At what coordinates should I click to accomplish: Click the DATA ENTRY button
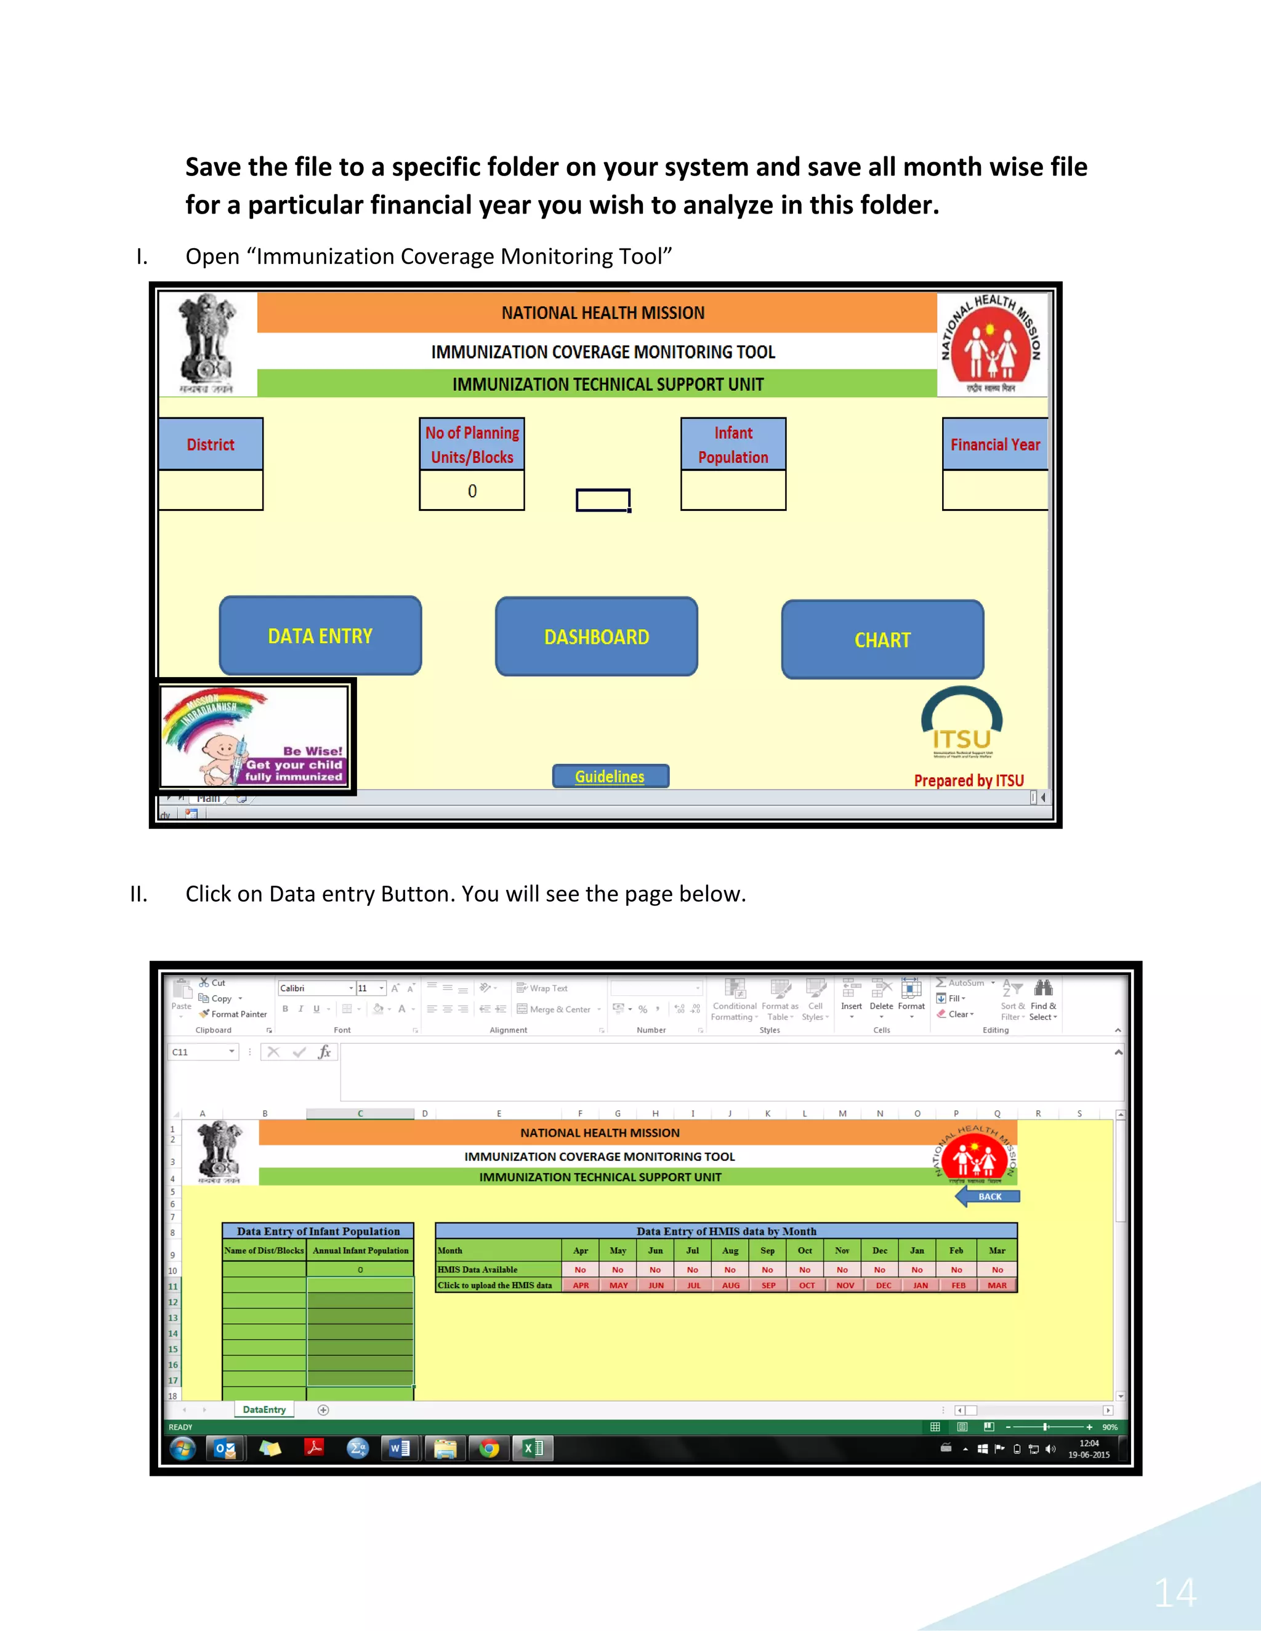(x=320, y=636)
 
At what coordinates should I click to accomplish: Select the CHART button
(x=882, y=639)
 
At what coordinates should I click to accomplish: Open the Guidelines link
(x=610, y=777)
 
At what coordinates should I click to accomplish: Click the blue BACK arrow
(x=988, y=1196)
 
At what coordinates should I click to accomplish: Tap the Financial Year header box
(x=995, y=444)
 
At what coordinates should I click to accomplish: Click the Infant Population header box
(x=733, y=444)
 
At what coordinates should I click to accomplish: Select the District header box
(x=211, y=444)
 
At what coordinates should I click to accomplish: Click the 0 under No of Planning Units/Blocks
(x=472, y=491)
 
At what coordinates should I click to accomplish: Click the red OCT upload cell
(x=807, y=1285)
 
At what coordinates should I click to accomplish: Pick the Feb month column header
(x=956, y=1250)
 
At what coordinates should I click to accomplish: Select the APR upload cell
(x=581, y=1285)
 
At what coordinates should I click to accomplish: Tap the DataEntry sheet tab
(x=264, y=1410)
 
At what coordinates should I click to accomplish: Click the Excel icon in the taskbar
(x=533, y=1449)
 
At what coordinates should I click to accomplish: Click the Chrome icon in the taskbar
(x=489, y=1449)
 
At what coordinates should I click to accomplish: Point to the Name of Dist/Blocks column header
(x=264, y=1250)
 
